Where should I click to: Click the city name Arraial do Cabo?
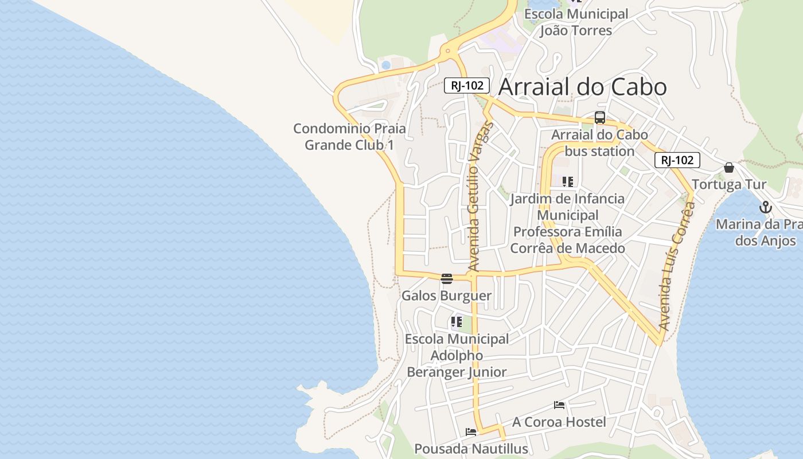point(582,87)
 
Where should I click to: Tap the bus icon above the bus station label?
point(600,118)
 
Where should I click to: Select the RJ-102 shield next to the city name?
point(466,86)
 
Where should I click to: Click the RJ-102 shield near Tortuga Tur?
point(677,160)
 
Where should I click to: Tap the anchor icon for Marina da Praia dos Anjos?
point(765,207)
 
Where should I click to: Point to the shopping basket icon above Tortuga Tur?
point(728,168)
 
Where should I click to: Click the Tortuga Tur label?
point(728,185)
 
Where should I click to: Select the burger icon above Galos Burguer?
point(447,279)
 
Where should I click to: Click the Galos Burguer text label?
point(446,296)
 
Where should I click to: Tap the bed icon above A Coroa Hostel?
point(559,405)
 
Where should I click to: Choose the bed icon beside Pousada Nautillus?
point(471,432)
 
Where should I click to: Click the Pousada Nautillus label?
point(470,449)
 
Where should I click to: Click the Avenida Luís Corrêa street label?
point(677,265)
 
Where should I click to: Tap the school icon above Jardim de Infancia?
point(568,182)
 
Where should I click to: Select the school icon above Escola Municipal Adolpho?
point(457,322)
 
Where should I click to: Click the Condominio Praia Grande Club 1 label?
point(349,137)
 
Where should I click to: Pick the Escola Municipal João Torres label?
point(576,22)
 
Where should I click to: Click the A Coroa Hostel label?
point(559,422)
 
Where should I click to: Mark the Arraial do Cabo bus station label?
point(599,143)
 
